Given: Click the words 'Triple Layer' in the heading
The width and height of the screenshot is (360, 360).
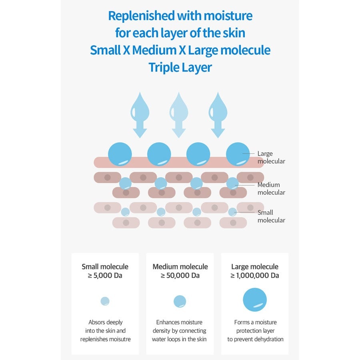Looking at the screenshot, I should (180, 67).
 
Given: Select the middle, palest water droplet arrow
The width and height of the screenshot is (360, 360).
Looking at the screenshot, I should (179, 114).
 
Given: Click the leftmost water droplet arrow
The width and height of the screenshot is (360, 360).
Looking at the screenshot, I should (140, 114).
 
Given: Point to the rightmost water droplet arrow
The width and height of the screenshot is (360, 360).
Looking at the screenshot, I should (218, 114).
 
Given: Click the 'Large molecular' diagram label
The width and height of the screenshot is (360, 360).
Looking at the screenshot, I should (271, 157).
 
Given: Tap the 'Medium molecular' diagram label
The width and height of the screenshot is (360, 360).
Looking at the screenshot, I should (271, 188).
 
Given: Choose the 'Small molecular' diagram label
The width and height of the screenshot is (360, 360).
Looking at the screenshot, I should (271, 216).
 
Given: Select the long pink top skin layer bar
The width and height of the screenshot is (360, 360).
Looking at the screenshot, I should (176, 163).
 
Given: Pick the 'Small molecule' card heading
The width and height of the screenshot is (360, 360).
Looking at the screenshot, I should (105, 266).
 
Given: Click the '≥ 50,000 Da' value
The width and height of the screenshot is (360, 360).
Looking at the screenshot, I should (180, 276).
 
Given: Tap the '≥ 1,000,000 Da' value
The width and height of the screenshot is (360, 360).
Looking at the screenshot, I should (254, 276).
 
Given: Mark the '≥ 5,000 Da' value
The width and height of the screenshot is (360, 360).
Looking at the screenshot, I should (105, 276).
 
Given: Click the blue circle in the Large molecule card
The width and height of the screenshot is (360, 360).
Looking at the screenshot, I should (255, 300).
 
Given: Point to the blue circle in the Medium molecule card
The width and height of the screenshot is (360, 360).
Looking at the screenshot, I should (180, 301).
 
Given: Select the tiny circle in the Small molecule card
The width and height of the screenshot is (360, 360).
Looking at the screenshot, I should (105, 301).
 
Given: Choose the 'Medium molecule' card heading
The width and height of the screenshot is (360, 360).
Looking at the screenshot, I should (180, 266).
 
